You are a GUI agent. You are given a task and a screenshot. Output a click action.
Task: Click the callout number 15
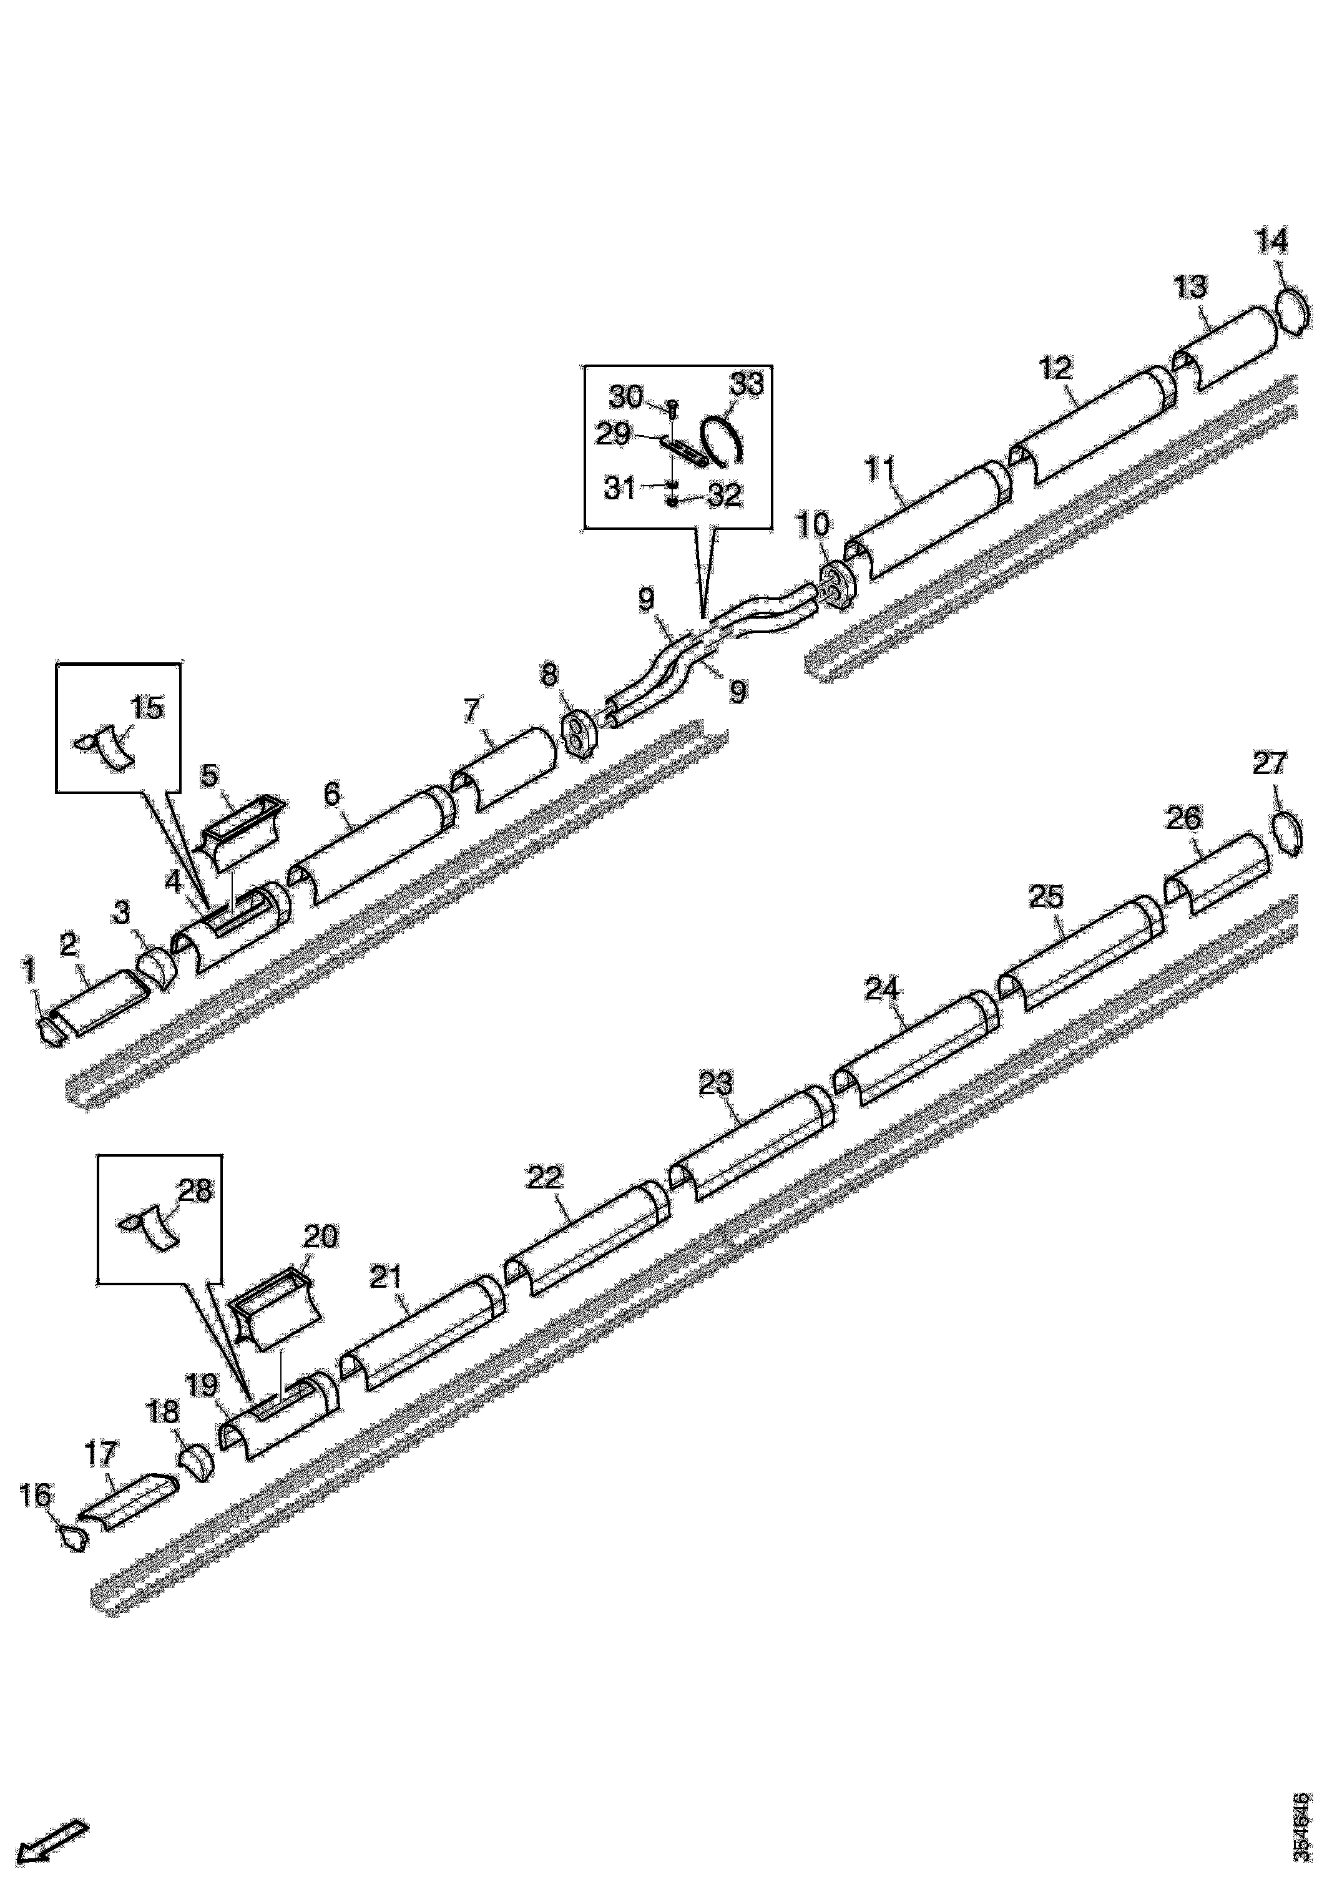[x=147, y=708]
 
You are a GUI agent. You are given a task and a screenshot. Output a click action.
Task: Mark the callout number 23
[x=716, y=1085]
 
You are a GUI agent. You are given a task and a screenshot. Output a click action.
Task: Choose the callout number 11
[x=881, y=471]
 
